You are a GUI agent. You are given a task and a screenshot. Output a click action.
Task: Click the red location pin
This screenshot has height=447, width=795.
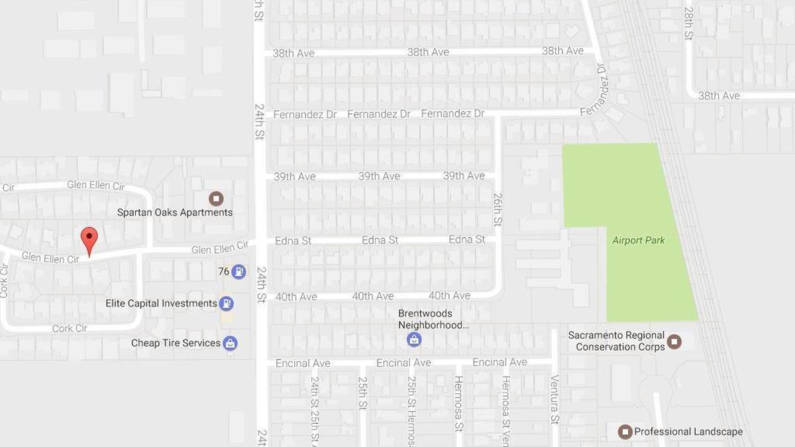(89, 239)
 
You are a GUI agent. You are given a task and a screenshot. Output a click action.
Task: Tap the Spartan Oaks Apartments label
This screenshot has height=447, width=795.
(175, 213)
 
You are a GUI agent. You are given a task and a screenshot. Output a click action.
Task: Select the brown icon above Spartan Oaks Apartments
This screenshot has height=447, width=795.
(216, 198)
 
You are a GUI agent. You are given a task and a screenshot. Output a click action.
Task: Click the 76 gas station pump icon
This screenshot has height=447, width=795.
(239, 271)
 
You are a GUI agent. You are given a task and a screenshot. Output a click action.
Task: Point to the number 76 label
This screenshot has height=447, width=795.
(223, 271)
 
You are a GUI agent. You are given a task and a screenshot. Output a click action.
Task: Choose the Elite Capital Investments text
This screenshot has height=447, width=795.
(161, 303)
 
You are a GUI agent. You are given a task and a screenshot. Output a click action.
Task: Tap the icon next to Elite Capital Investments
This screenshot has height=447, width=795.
(227, 303)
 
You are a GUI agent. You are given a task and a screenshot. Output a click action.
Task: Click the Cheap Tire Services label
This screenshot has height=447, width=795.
(176, 343)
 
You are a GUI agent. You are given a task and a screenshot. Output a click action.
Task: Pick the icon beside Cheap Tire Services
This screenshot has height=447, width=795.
(230, 343)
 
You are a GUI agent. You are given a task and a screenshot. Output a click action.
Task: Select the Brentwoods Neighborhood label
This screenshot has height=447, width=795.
(435, 319)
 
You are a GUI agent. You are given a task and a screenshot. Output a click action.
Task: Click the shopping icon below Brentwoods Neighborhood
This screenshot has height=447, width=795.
(414, 340)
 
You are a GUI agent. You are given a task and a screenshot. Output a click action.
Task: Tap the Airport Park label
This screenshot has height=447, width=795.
(639, 240)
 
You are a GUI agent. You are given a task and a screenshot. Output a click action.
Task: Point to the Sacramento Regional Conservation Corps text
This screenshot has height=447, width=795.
(616, 341)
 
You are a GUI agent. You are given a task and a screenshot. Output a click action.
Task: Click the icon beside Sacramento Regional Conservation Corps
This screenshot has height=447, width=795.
(674, 342)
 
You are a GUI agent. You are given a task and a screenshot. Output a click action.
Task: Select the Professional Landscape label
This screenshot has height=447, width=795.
(688, 432)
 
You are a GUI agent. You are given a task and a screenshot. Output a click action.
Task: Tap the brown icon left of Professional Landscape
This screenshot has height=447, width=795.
(625, 432)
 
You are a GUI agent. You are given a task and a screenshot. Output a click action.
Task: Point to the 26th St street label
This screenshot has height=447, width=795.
(498, 208)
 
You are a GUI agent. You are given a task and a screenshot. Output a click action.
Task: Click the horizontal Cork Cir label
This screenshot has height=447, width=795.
(70, 328)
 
